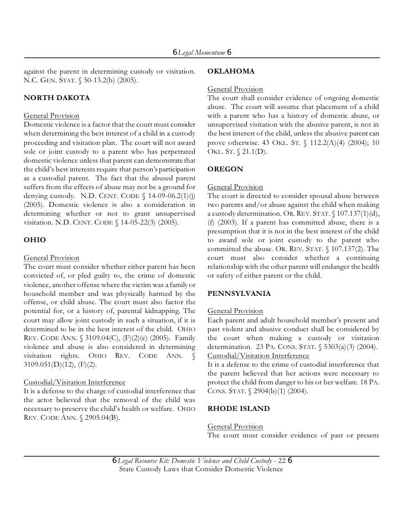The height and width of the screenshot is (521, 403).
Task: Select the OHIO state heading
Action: point(34,241)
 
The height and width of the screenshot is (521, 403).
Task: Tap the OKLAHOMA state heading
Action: point(230,72)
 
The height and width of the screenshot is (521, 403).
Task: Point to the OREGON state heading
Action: point(225,170)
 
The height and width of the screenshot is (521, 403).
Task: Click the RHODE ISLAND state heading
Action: point(238,409)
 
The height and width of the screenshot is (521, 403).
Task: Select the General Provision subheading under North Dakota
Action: point(51,117)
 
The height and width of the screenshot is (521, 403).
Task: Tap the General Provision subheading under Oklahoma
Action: point(235,90)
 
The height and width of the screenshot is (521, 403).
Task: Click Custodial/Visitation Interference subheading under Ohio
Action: point(74,383)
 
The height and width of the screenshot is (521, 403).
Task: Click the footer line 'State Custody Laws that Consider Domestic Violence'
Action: point(201,470)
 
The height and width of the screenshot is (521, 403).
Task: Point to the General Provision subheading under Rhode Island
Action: point(235,427)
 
